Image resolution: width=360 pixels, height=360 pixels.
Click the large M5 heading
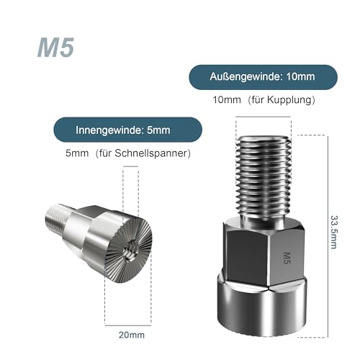coord(55,48)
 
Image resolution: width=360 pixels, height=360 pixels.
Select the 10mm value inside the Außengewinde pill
coord(300,76)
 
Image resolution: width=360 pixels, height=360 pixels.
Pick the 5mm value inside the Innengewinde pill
coord(158,130)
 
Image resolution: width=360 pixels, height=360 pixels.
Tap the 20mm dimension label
coord(132,335)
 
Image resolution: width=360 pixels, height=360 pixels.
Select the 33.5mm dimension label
coord(334,232)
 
